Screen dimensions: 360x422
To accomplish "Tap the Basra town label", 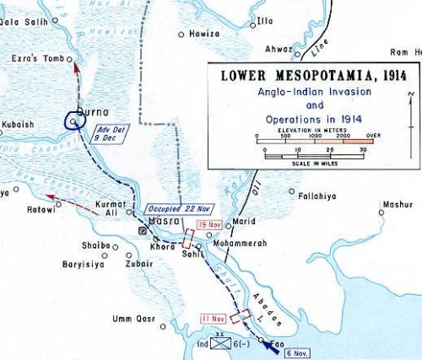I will coord(160,221).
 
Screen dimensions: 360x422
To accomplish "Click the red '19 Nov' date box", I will coord(206,225).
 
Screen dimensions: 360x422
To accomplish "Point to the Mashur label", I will coord(398,203).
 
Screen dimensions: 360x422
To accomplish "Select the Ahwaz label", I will coord(279,50).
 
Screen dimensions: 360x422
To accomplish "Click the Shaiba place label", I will coord(94,245).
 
